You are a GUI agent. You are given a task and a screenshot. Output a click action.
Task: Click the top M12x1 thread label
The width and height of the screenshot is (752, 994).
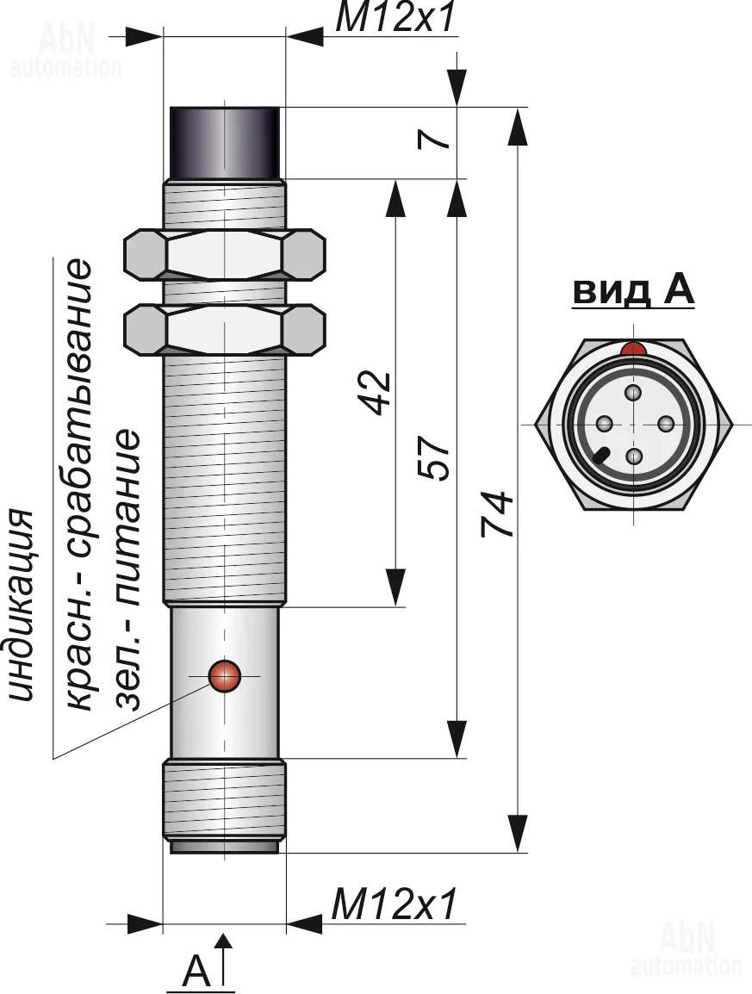pyautogui.click(x=394, y=19)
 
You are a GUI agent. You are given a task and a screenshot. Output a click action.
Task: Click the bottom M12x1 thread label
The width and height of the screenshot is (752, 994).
pyautogui.click(x=394, y=905)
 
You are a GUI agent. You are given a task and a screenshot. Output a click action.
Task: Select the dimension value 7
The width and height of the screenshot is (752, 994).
pyautogui.click(x=439, y=139)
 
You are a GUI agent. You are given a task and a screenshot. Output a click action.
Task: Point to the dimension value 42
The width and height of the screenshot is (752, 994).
pyautogui.click(x=376, y=393)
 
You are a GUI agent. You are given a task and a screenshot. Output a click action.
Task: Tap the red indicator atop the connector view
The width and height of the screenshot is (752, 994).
pyautogui.click(x=634, y=349)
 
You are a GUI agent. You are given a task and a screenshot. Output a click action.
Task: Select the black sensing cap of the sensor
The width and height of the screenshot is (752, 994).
pyautogui.click(x=225, y=142)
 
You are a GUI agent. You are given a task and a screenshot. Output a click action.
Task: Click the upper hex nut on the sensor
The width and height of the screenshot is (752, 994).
pyautogui.click(x=225, y=254)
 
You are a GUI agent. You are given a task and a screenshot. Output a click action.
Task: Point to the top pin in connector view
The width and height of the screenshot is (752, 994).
pyautogui.click(x=634, y=394)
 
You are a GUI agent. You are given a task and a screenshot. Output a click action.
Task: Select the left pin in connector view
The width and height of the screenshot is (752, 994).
pyautogui.click(x=603, y=424)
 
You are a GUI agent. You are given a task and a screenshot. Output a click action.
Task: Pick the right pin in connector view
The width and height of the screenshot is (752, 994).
pyautogui.click(x=665, y=424)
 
